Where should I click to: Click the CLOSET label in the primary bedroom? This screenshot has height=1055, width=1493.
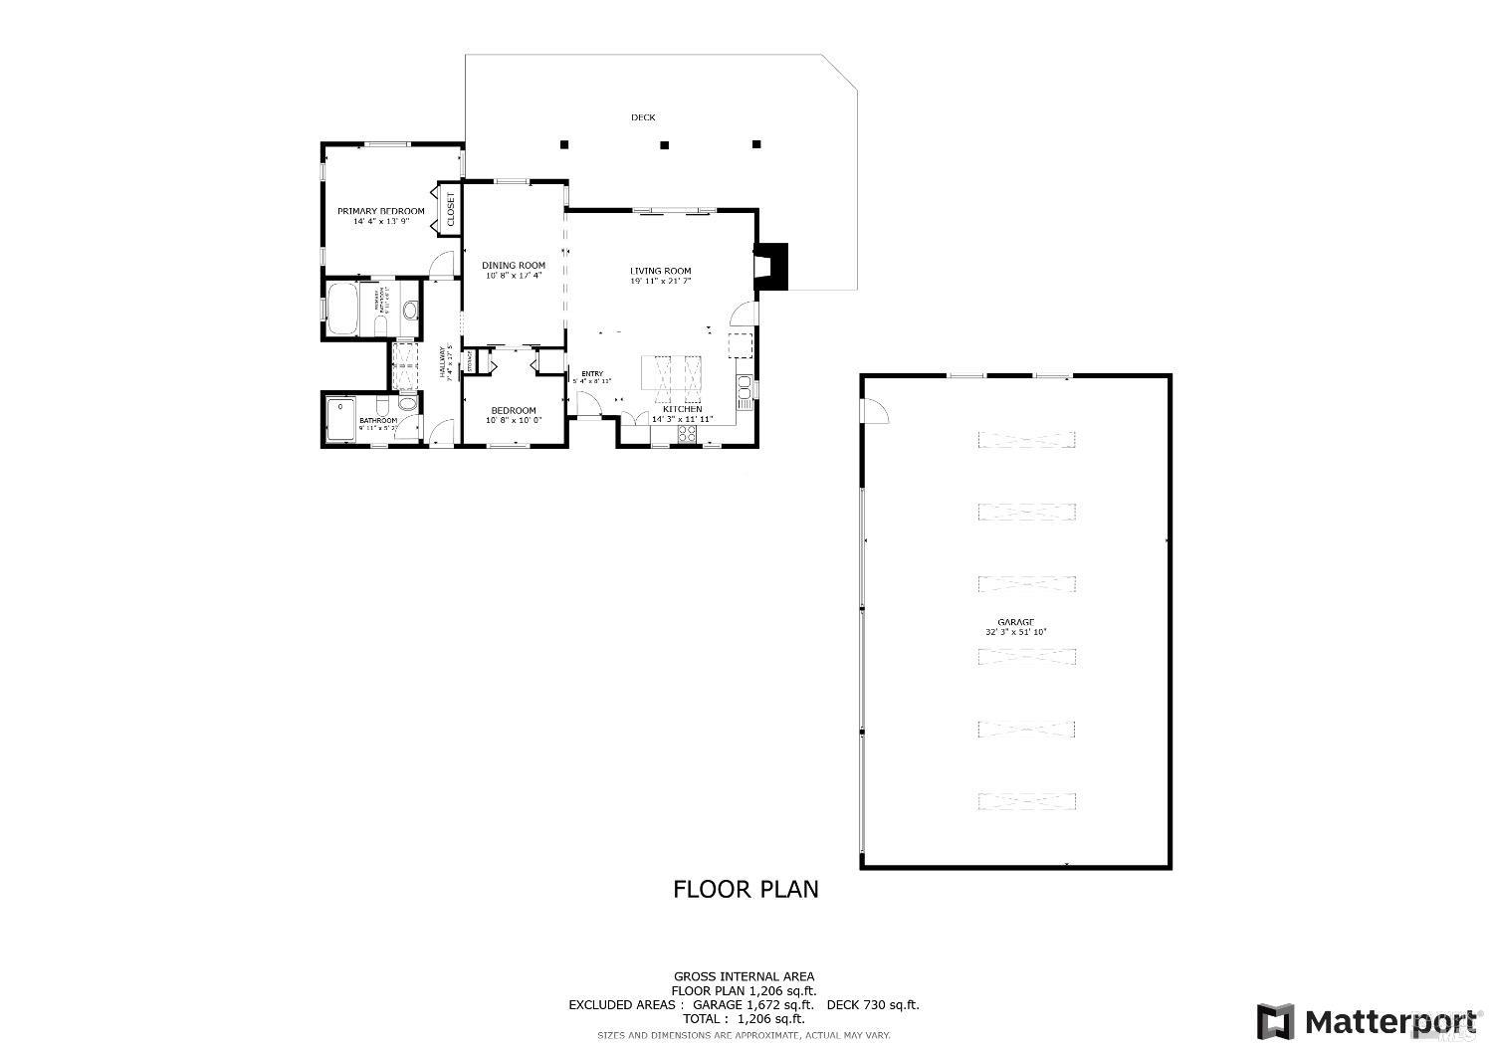pos(450,209)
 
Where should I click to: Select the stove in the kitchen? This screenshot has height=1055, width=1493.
pos(687,433)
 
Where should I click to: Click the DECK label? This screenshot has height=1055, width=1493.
pos(643,117)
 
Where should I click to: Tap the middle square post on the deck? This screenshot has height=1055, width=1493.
pos(665,145)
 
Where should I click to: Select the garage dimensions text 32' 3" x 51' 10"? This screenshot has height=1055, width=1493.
pos(1015,632)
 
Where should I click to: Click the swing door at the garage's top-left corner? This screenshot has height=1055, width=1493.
pos(873,411)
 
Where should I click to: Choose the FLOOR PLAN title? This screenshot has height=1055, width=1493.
pos(746,889)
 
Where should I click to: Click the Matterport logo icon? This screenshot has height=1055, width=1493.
pos(1276,1021)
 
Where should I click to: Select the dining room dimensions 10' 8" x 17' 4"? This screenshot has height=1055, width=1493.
pos(514,276)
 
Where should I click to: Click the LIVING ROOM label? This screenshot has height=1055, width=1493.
pos(660,271)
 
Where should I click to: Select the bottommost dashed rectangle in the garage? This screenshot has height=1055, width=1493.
pos(1027,801)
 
